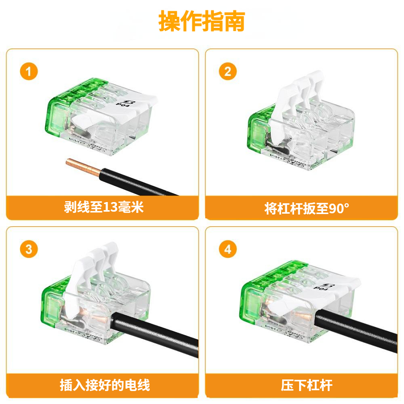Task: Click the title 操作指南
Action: click(x=202, y=21)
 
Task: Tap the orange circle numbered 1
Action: click(x=29, y=72)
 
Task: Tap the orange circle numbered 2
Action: click(x=228, y=72)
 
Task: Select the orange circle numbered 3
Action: click(x=29, y=250)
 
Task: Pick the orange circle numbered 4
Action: click(x=228, y=250)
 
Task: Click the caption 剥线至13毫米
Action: click(x=103, y=207)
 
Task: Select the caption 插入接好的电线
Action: click(x=103, y=385)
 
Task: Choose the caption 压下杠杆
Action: click(x=301, y=385)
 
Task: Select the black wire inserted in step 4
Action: click(x=355, y=332)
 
